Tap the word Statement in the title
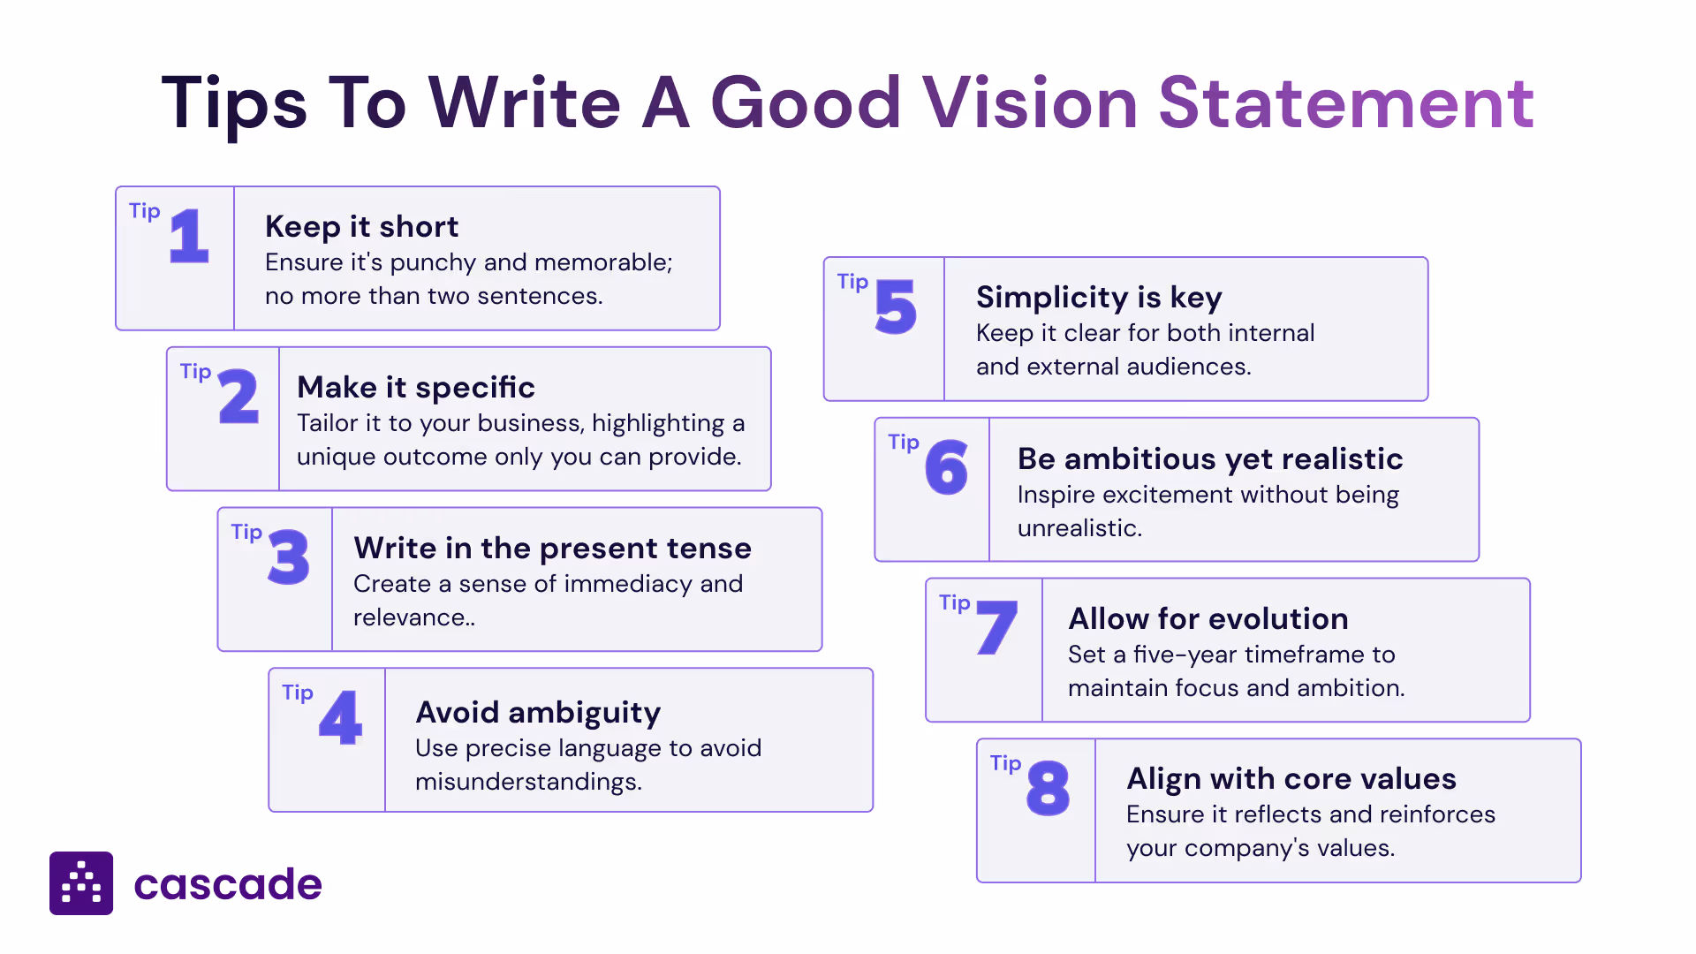(x=1346, y=103)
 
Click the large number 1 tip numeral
(x=188, y=237)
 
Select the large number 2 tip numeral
(x=238, y=397)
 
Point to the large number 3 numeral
(x=289, y=557)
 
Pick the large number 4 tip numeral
(x=340, y=718)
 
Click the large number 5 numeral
(x=896, y=307)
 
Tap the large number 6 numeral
(x=946, y=468)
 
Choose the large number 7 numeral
(x=997, y=628)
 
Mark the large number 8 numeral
(x=1049, y=789)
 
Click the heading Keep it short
(x=361, y=227)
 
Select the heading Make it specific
(x=416, y=388)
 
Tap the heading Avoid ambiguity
(x=538, y=713)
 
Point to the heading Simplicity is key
(x=1099, y=298)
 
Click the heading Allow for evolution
(x=1208, y=619)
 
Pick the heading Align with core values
(x=1291, y=779)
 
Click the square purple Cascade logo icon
(x=81, y=883)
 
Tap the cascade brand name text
(x=228, y=884)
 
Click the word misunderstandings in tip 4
(x=528, y=782)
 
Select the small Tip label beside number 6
(x=904, y=443)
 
